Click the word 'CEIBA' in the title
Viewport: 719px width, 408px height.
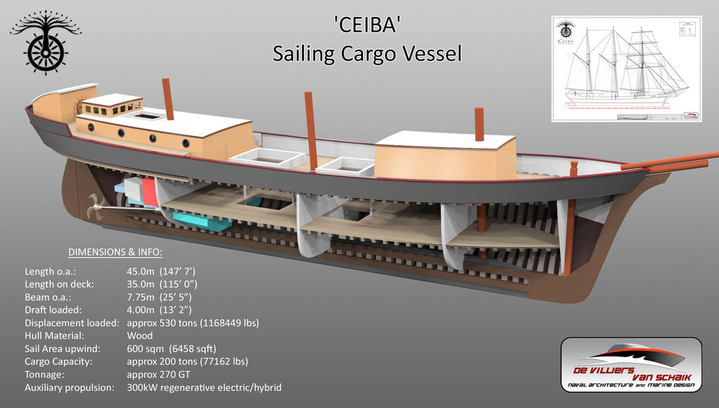coord(365,27)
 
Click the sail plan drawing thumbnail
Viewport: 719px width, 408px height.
coord(626,69)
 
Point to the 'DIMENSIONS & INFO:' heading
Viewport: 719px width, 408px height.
coord(115,252)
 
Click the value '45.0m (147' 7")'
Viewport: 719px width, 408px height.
coord(161,271)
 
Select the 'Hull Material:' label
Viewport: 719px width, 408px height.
coord(53,335)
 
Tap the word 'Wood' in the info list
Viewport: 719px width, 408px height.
coord(140,335)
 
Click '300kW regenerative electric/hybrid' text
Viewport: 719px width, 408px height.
coord(203,388)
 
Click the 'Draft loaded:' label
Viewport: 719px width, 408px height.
coord(55,310)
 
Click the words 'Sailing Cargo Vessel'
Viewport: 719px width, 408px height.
coord(366,54)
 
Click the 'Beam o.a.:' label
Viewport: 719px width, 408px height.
coord(48,297)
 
